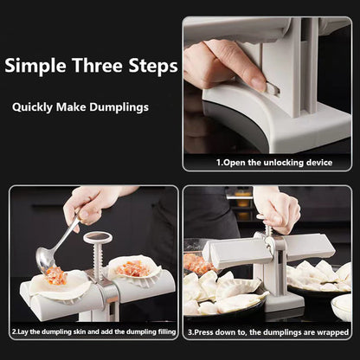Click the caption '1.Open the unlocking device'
point(266,161)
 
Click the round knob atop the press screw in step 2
point(98,236)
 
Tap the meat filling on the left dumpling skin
point(55,276)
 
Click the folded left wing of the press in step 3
point(232,252)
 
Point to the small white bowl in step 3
point(342,305)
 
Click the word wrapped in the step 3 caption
point(331,331)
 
